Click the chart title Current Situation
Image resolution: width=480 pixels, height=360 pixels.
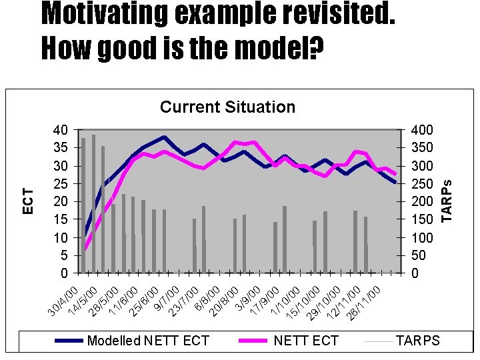point(227,107)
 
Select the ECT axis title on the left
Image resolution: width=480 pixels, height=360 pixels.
point(28,200)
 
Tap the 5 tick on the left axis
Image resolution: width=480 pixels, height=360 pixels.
point(63,255)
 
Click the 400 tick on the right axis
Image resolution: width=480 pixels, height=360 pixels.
point(421,129)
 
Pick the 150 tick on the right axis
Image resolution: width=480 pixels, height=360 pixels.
point(421,219)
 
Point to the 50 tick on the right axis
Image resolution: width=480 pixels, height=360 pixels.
point(418,255)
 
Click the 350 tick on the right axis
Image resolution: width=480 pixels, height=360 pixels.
point(421,147)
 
